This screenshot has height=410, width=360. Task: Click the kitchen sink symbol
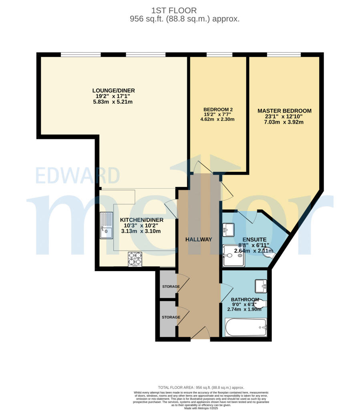(107, 225)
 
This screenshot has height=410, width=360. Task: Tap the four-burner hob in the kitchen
(135, 259)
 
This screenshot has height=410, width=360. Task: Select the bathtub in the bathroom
(245, 328)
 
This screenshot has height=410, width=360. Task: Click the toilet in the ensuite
(270, 254)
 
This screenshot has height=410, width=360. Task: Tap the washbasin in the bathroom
(261, 285)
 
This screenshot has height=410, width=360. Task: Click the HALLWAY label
(198, 239)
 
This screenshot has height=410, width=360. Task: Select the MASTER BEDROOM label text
(284, 111)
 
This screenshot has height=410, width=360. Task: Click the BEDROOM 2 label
(218, 110)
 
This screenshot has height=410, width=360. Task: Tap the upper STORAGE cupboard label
(171, 287)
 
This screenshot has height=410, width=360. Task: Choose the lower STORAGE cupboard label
(171, 317)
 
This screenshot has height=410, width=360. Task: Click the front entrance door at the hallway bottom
(200, 333)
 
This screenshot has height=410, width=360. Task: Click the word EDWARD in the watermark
(77, 176)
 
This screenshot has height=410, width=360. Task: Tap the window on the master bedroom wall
(284, 54)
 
